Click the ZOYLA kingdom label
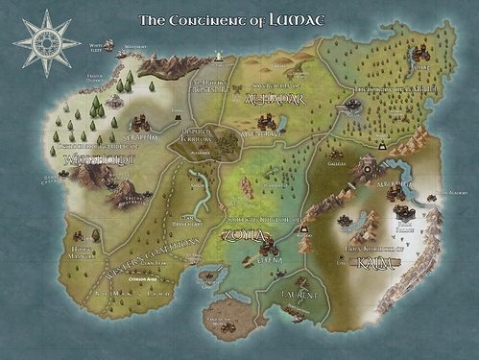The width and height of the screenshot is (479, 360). tap(240, 231)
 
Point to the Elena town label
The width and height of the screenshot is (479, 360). tap(268, 256)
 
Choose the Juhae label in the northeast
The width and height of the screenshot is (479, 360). tap(419, 67)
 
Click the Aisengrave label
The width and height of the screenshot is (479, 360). tap(259, 134)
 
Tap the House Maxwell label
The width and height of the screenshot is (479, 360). tap(83, 252)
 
